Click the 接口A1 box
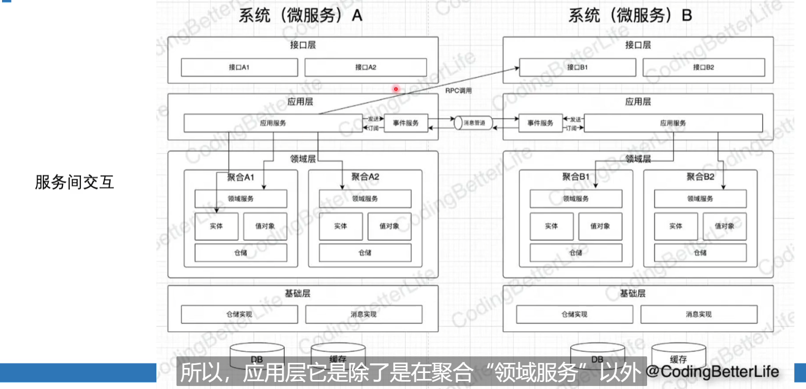click(239, 67)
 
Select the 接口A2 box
click(366, 67)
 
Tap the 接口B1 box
click(577, 67)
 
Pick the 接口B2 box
click(703, 67)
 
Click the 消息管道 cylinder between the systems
click(473, 123)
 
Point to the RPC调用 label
click(458, 91)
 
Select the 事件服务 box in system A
click(405, 123)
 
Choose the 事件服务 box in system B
click(540, 123)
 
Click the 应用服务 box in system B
click(673, 123)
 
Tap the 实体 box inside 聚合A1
click(216, 226)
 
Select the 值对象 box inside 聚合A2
click(389, 226)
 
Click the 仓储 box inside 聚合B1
click(576, 253)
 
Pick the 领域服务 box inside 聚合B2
click(700, 199)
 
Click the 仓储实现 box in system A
click(239, 315)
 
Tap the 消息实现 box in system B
click(698, 315)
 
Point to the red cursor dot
click(396, 89)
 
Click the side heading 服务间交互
click(74, 182)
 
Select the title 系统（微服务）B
click(630, 16)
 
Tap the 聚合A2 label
click(365, 177)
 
